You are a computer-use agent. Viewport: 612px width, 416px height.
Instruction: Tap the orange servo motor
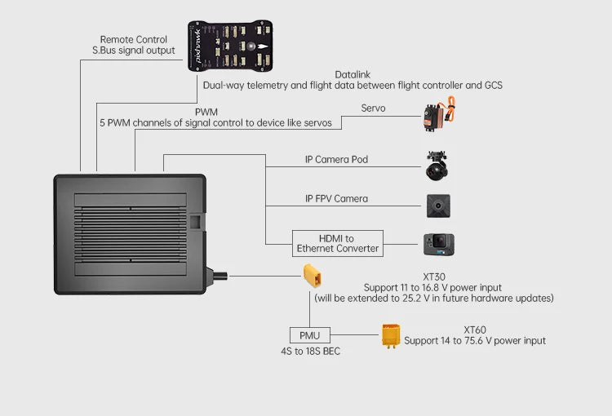[439, 115]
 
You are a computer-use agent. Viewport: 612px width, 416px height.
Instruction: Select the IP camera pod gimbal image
[437, 165]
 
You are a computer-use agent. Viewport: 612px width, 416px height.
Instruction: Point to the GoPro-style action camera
[438, 244]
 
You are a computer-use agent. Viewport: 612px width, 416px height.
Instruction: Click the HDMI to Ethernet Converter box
[337, 243]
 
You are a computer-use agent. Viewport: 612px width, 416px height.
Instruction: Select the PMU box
[309, 334]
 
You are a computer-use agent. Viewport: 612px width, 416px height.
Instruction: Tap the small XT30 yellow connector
[313, 276]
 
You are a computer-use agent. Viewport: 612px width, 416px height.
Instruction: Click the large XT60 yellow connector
[391, 335]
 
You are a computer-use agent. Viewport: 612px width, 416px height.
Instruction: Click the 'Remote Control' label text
[133, 39]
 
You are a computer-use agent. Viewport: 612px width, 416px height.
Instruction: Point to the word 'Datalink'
[353, 74]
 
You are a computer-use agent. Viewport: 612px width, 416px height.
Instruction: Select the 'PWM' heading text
[206, 112]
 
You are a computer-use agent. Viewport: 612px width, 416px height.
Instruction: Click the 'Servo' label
[373, 108]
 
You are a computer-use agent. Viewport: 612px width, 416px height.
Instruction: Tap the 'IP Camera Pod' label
[336, 159]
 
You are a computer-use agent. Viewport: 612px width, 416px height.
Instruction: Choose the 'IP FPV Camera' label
[336, 198]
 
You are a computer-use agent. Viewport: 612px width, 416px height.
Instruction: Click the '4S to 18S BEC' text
[309, 352]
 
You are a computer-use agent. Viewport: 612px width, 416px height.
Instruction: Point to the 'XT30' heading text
[433, 277]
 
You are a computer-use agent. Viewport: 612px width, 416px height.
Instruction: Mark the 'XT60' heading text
[475, 330]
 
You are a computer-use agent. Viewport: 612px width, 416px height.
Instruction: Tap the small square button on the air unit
[195, 220]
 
